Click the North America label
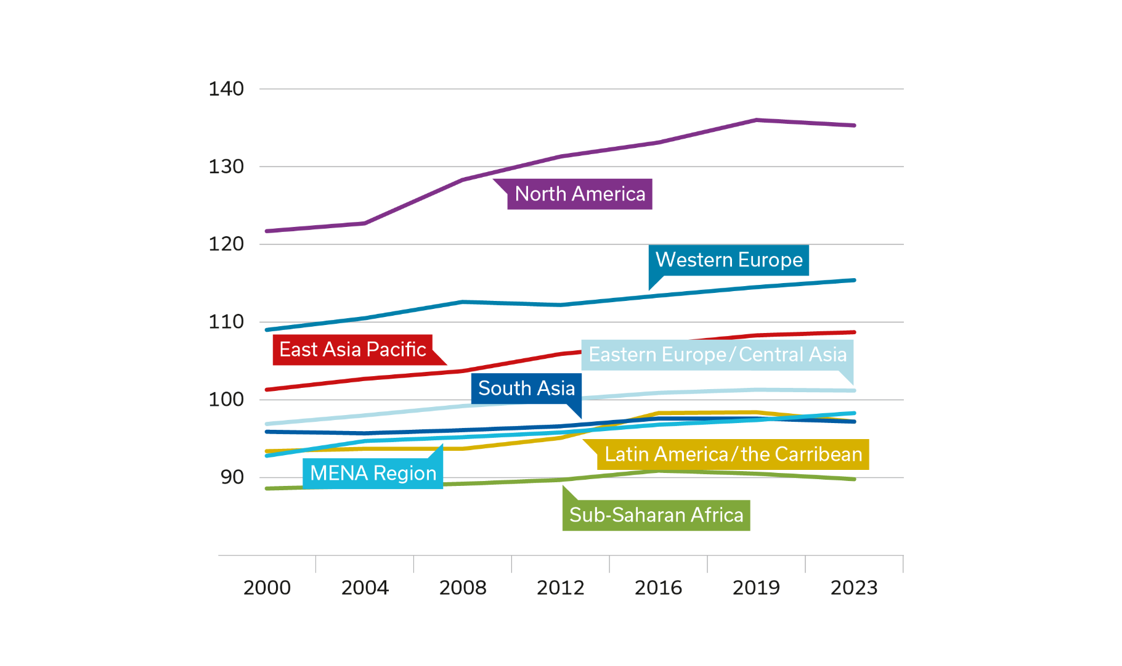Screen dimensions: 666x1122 (580, 194)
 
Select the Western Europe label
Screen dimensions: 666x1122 (729, 260)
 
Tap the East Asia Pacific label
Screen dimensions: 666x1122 (352, 350)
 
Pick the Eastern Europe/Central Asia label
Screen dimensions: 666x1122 (718, 355)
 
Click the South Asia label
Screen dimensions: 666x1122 (526, 388)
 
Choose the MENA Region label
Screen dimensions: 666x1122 (373, 474)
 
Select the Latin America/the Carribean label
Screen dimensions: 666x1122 (733, 454)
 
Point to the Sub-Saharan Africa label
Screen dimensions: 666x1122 (656, 515)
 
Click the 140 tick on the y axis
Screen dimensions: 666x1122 (226, 89)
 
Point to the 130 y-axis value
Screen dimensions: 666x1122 (226, 166)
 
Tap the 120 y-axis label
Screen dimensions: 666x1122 (226, 244)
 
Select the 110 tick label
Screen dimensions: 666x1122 (226, 322)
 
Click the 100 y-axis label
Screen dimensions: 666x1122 (226, 400)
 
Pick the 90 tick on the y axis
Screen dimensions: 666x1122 (232, 477)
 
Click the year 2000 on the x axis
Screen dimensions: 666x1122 (267, 588)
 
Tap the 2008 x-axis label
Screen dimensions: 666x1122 (463, 588)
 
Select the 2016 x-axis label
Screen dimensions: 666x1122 (658, 588)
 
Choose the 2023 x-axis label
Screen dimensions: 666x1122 (854, 588)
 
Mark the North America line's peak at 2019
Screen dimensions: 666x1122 (756, 120)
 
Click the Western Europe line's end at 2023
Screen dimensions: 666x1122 (854, 280)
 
